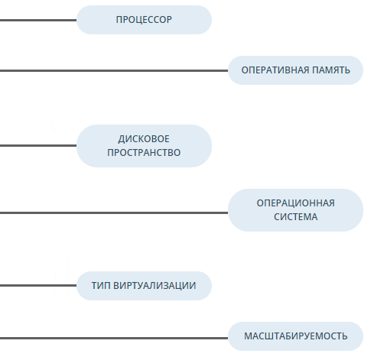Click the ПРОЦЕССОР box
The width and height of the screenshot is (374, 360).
144,20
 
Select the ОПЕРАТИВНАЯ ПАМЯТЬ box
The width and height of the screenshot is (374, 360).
295,70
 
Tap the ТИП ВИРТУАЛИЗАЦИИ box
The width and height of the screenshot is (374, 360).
144,286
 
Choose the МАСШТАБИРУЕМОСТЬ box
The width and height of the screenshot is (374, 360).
295,336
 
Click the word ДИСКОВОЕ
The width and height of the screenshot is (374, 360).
144,139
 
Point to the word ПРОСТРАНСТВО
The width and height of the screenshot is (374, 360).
144,153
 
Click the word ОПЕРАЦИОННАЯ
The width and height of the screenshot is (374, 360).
296,203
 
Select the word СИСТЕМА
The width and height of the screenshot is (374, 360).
296,217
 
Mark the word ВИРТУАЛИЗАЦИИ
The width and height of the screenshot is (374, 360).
154,286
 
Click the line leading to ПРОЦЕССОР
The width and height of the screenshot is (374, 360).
38,20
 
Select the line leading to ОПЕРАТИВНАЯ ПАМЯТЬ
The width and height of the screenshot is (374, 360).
114,70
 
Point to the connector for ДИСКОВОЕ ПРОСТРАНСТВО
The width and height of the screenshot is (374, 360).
38,146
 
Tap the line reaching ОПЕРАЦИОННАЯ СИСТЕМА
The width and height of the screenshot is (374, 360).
114,212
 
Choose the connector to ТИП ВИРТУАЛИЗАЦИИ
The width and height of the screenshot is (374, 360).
38,286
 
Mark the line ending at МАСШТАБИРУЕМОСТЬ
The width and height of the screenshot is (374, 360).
114,339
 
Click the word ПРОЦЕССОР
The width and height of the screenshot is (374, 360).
144,20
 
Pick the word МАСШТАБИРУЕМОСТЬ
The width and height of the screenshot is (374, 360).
296,336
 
